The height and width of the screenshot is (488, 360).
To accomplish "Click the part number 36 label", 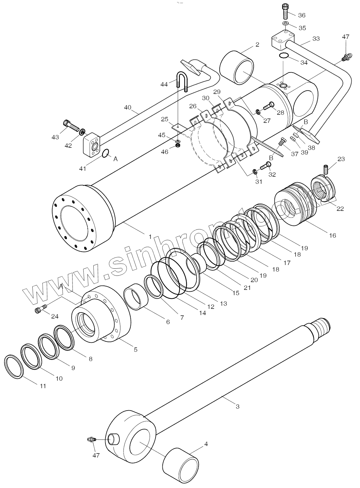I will click(x=302, y=15).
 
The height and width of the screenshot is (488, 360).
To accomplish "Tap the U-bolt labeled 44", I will click(x=182, y=81).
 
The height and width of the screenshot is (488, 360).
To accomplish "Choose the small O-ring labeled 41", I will click(x=105, y=153).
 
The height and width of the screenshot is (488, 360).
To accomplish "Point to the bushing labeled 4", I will click(x=180, y=465).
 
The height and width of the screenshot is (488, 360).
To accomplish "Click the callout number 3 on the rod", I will click(x=237, y=406).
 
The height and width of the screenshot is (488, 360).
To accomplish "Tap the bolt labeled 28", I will click(x=268, y=106).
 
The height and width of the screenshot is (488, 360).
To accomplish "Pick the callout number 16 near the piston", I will click(x=332, y=235).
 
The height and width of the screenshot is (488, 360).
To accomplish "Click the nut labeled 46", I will click(x=178, y=146).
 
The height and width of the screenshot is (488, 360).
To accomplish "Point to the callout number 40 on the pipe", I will click(x=128, y=108).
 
